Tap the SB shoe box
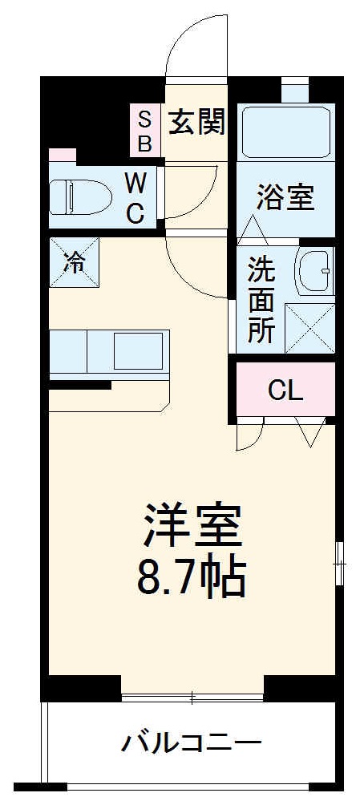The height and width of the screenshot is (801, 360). pos(145,131)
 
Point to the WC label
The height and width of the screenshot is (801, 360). pos(135,198)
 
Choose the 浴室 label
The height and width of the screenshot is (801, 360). pos(285,197)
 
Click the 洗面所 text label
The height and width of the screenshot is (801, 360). pos(260,298)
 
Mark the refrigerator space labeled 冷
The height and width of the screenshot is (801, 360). pos(73,261)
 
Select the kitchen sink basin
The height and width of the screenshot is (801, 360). pos(139,349)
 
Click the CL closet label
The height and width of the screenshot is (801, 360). pos(285,391)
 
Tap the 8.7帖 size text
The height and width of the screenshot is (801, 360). pos(192,576)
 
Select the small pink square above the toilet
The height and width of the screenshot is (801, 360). pos(62,155)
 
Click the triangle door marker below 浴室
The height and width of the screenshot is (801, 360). pos(255,229)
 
